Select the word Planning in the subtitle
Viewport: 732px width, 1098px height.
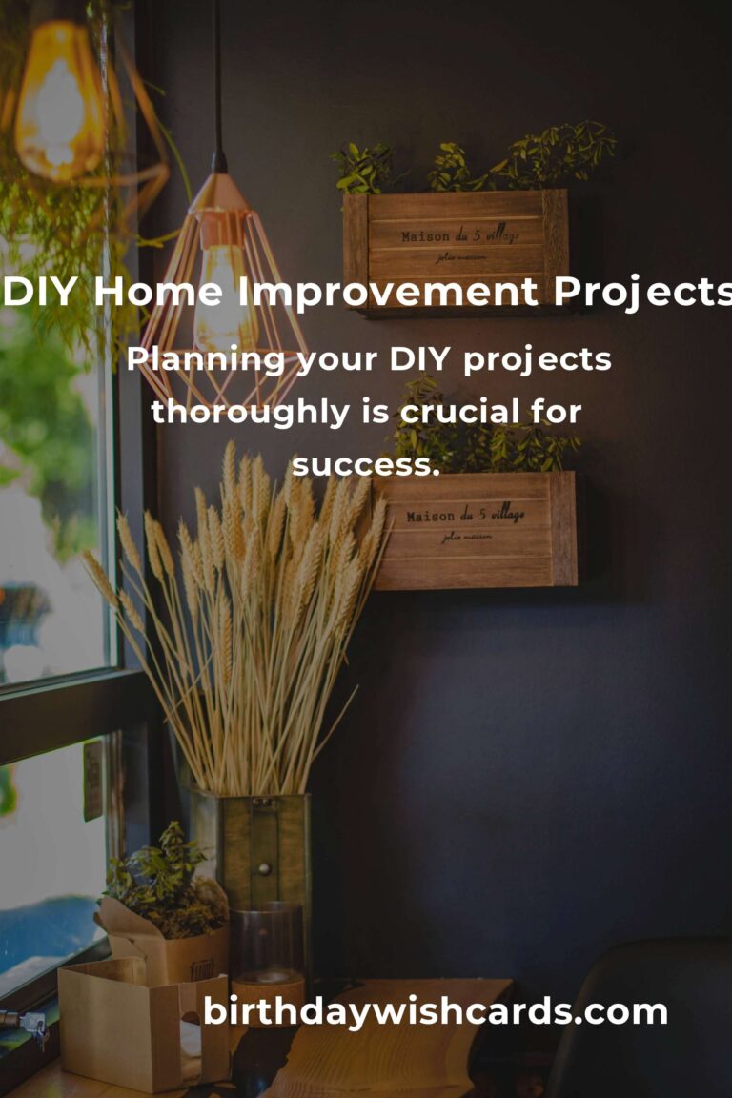[206, 360]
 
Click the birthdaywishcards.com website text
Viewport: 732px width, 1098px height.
[436, 1011]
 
